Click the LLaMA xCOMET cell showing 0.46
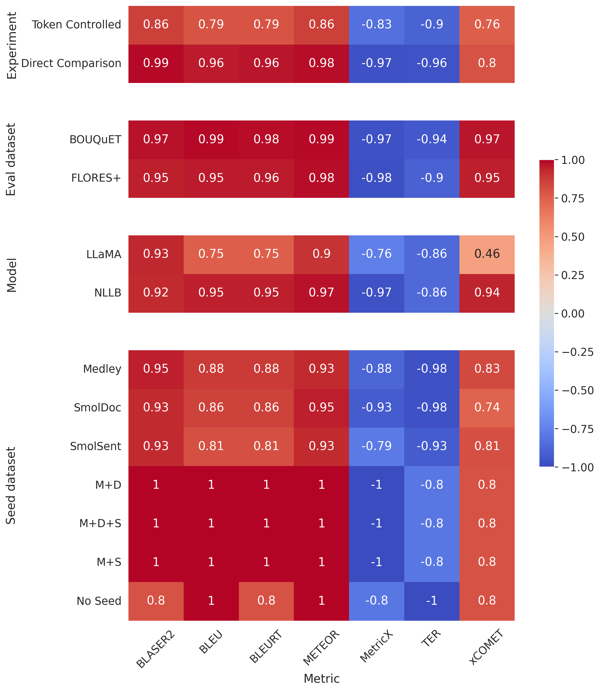click(x=487, y=254)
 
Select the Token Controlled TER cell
click(x=432, y=25)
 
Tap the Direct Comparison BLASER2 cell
click(x=156, y=63)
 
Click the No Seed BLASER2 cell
click(x=156, y=601)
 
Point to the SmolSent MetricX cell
click(x=376, y=446)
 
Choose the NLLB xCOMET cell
click(x=487, y=293)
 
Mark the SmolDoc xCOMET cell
click(x=487, y=408)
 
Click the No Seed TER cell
click(x=432, y=601)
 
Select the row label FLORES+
click(x=96, y=178)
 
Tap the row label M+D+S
click(x=100, y=523)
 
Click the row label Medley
click(x=102, y=369)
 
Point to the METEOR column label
click(x=321, y=648)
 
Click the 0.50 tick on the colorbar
click(x=573, y=237)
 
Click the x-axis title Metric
click(x=322, y=679)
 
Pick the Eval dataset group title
click(x=11, y=159)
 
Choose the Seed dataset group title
click(x=11, y=485)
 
